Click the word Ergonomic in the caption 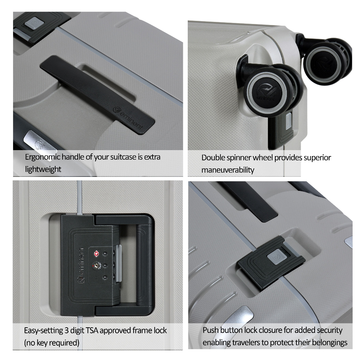pos(43,157)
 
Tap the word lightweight pos(43,169)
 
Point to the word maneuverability pos(228,170)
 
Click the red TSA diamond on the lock pos(96,254)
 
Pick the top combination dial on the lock pos(105,254)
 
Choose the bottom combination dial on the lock pos(105,277)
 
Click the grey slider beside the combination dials pos(119,263)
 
